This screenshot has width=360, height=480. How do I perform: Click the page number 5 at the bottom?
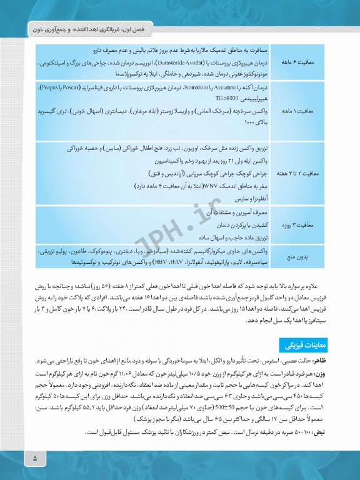point(35,459)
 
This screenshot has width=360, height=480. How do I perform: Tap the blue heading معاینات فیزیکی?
point(303,345)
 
